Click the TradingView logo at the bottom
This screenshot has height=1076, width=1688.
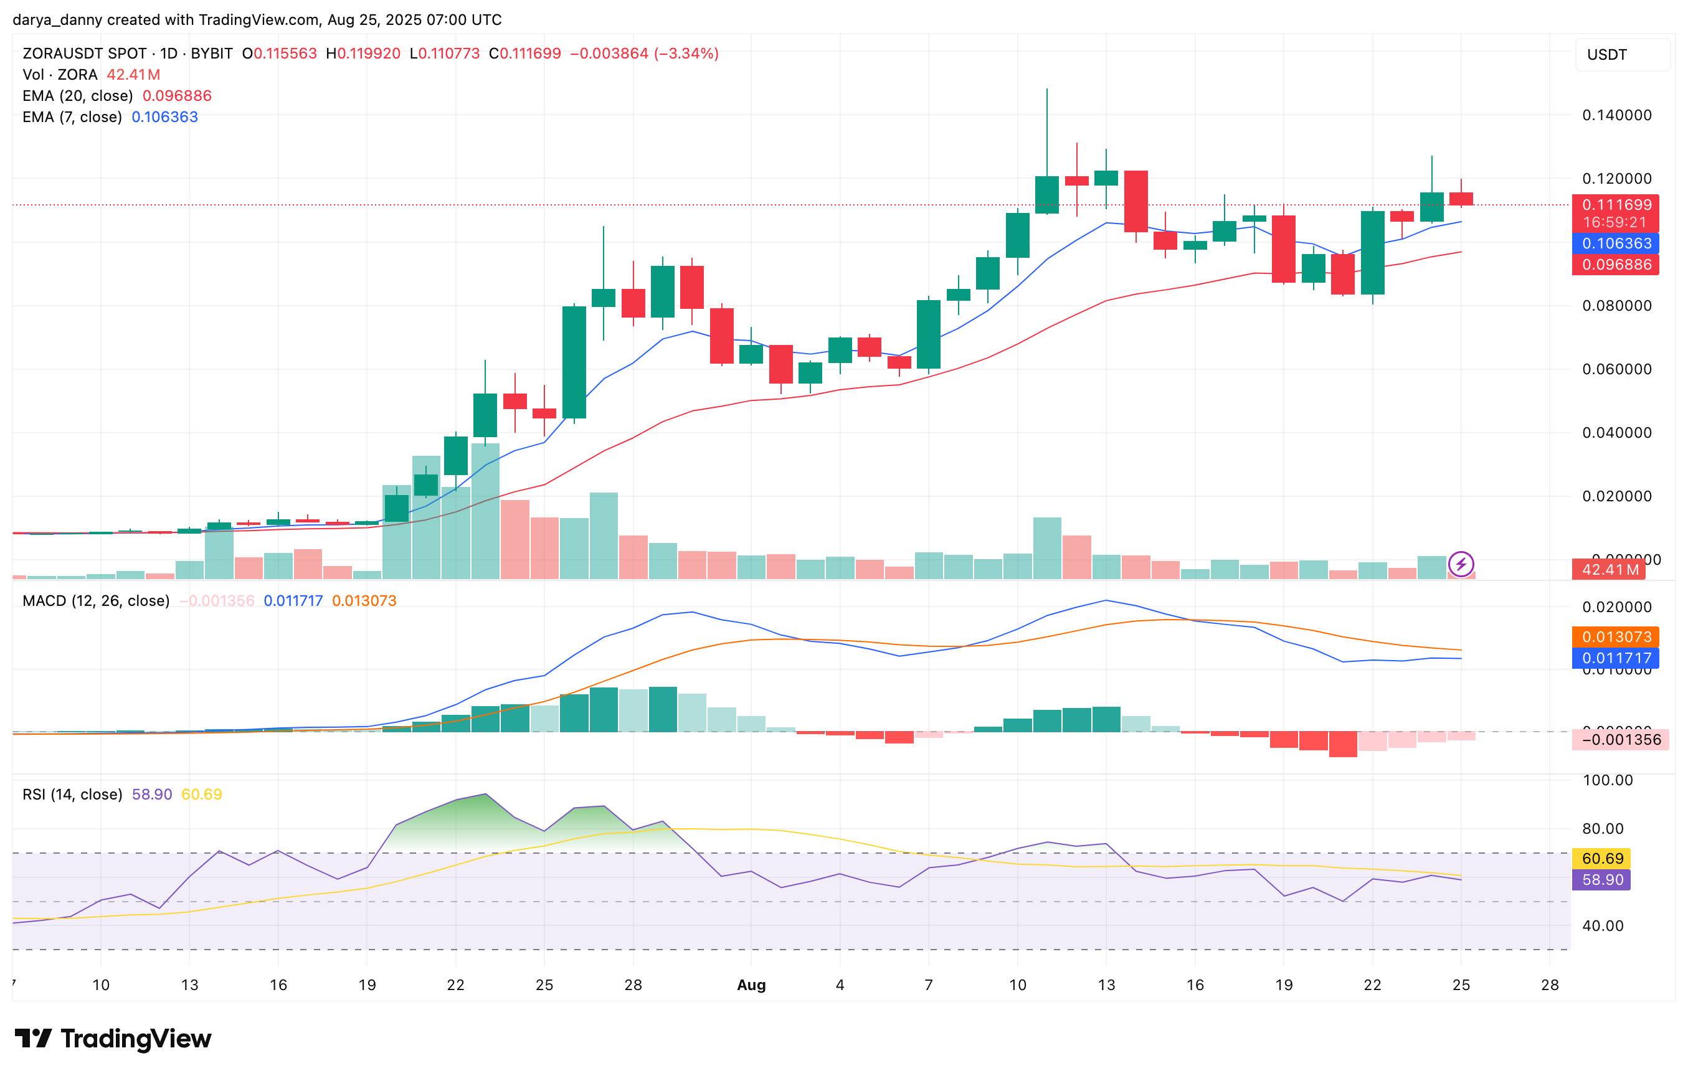(x=112, y=1038)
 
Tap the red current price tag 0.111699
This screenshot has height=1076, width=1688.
(x=1616, y=205)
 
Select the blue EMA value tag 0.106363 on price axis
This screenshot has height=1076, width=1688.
(x=1616, y=243)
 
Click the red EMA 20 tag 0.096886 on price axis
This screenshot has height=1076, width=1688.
(x=1616, y=264)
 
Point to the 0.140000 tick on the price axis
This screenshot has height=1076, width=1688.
(x=1616, y=115)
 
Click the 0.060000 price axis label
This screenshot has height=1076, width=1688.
(x=1616, y=369)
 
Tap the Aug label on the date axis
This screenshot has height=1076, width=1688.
(x=751, y=985)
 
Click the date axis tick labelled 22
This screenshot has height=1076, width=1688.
(x=1372, y=985)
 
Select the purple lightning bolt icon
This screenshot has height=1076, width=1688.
(x=1461, y=564)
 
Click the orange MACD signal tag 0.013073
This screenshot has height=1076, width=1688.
(x=1616, y=636)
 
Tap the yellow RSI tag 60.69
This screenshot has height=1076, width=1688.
(x=1603, y=858)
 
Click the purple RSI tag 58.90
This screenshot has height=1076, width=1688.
(x=1603, y=880)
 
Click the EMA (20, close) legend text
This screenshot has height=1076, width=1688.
(x=78, y=95)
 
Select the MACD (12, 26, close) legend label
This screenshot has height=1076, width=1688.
(x=96, y=601)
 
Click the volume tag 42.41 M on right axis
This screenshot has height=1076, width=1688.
(x=1610, y=569)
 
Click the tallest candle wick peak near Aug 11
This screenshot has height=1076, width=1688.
(x=1047, y=90)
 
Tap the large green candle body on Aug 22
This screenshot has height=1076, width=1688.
(x=1373, y=252)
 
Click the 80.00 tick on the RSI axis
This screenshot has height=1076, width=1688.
(x=1604, y=829)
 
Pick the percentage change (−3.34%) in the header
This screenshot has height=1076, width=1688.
(x=686, y=54)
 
